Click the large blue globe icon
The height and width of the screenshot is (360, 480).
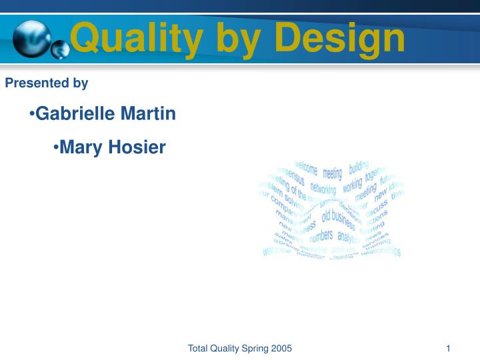pyautogui.click(x=31, y=38)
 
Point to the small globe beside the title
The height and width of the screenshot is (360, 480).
pyautogui.click(x=61, y=49)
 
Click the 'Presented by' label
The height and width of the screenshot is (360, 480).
pyautogui.click(x=47, y=83)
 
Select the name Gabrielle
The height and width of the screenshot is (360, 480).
pyautogui.click(x=75, y=114)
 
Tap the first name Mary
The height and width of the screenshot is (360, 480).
pyautogui.click(x=80, y=147)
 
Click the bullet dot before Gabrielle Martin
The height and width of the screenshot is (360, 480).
pyautogui.click(x=32, y=115)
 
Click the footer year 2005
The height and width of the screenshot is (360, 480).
pyautogui.click(x=281, y=349)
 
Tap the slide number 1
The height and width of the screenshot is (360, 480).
pyautogui.click(x=449, y=349)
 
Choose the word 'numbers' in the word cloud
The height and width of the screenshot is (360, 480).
pyautogui.click(x=321, y=236)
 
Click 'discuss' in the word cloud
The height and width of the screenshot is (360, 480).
pyautogui.click(x=377, y=209)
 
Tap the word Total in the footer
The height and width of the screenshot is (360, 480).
pyautogui.click(x=198, y=349)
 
